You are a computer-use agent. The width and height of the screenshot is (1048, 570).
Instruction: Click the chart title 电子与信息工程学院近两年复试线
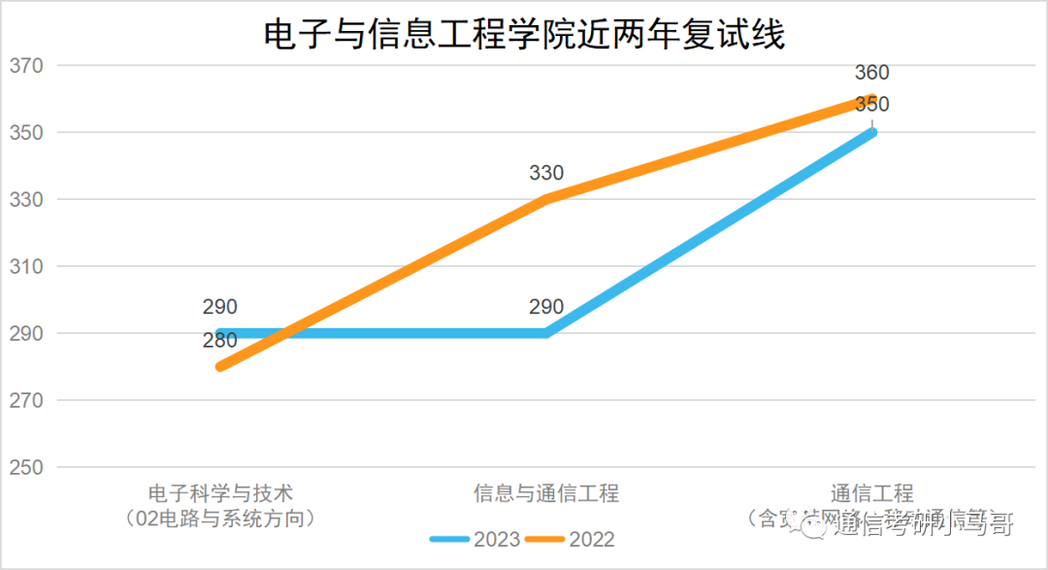tap(524, 35)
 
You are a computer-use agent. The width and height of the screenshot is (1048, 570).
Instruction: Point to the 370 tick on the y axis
tap(26, 66)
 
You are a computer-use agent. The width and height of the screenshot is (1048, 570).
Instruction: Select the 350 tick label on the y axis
tap(26, 133)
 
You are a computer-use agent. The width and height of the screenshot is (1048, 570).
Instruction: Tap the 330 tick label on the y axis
tap(26, 200)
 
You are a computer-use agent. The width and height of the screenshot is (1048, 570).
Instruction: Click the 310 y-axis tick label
tap(26, 267)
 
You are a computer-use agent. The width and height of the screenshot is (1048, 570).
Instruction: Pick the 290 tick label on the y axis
tap(26, 333)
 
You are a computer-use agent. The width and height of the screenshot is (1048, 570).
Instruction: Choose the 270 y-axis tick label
tap(26, 400)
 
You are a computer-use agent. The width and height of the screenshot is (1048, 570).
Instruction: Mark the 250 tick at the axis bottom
tap(26, 467)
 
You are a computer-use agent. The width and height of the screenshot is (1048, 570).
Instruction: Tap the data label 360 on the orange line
tap(871, 73)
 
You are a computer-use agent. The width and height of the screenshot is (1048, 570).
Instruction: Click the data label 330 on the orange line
tap(546, 174)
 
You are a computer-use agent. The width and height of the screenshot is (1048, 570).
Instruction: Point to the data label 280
tap(220, 340)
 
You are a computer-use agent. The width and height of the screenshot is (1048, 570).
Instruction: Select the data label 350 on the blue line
tap(871, 105)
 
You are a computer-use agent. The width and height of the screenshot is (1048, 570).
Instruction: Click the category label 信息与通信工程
tap(546, 493)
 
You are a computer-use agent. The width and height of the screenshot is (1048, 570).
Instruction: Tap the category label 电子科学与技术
tap(220, 493)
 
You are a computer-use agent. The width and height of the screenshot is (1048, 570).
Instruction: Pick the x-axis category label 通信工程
tap(871, 493)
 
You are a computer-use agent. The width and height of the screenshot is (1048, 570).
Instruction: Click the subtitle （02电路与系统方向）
tap(220, 519)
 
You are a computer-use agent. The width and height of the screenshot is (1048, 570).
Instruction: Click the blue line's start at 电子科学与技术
tap(221, 333)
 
